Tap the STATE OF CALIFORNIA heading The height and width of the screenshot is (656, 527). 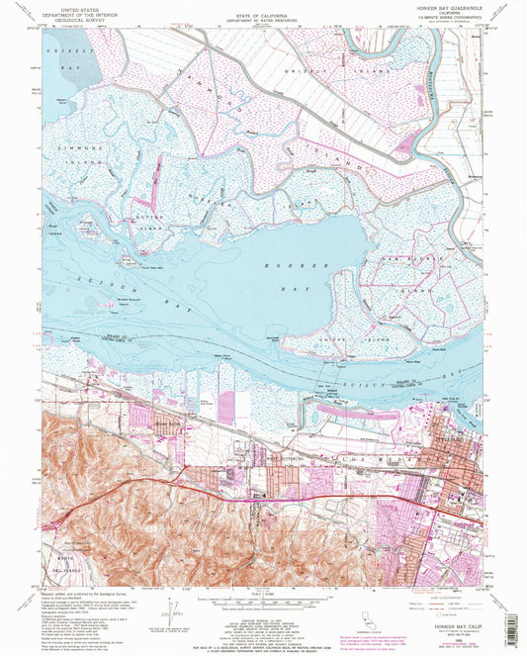pos(262,8)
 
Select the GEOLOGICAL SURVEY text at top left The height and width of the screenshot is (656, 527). pos(80,25)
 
